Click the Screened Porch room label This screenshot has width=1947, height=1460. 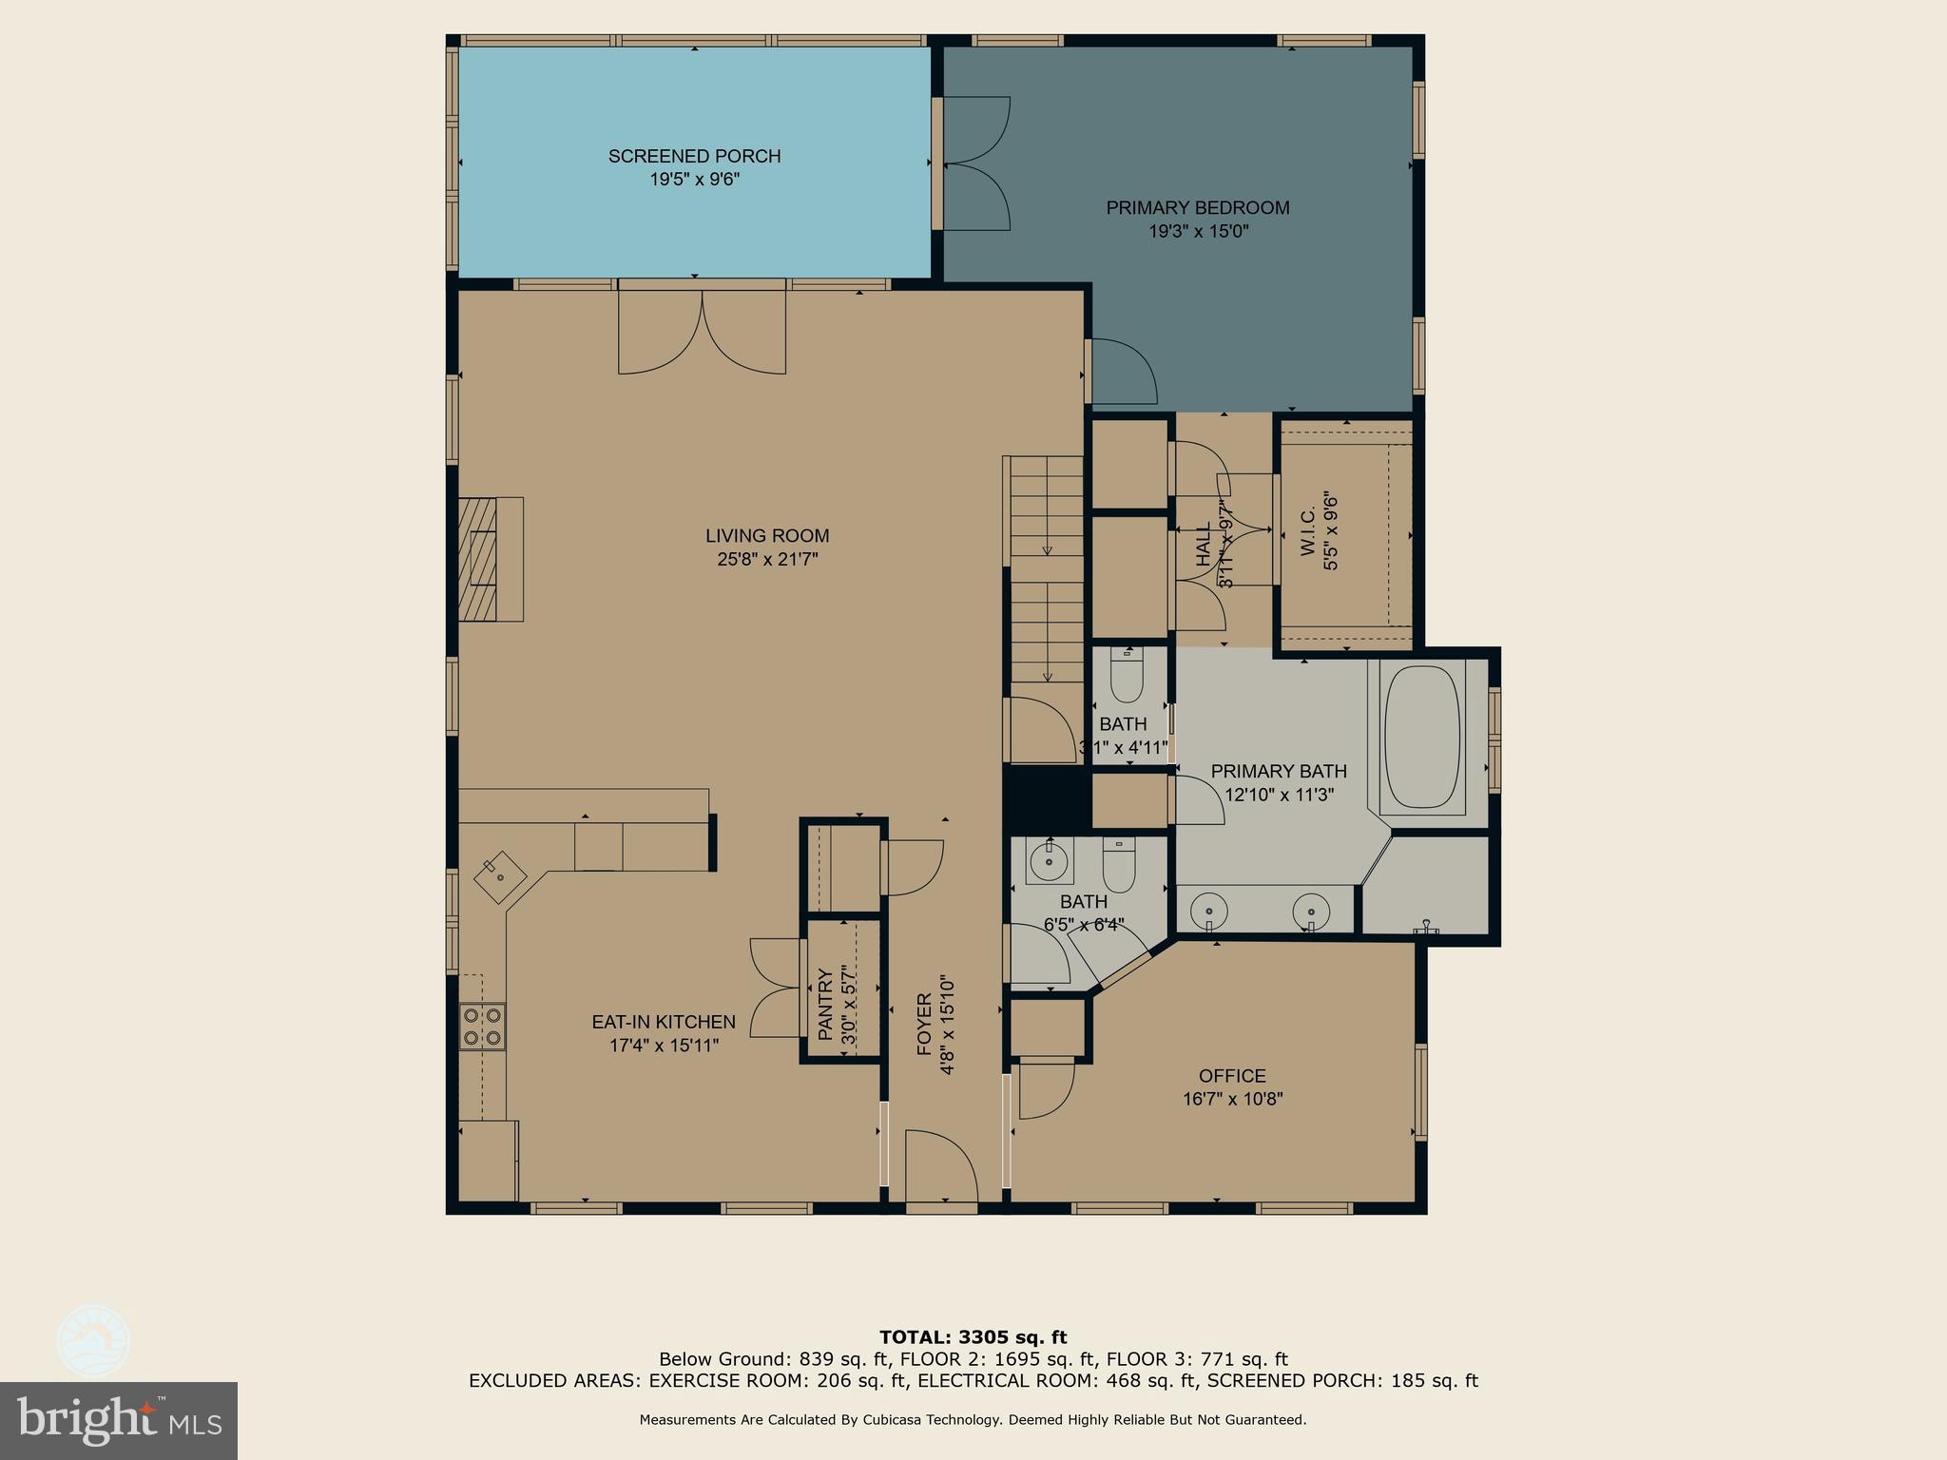(x=694, y=156)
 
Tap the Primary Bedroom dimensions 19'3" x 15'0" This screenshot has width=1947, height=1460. (x=1198, y=231)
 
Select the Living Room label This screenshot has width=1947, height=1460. (x=767, y=535)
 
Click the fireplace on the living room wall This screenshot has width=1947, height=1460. (x=490, y=559)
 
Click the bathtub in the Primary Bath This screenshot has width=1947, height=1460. (x=1422, y=737)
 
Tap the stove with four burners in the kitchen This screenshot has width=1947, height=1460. (x=482, y=1027)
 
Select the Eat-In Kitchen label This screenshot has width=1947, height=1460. (x=664, y=1022)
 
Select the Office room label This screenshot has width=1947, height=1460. (x=1232, y=1076)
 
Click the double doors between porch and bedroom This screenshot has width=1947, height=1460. (x=974, y=163)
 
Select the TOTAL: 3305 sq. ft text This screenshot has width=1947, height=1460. (x=973, y=1337)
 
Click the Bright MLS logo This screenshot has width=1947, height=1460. (x=118, y=1420)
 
